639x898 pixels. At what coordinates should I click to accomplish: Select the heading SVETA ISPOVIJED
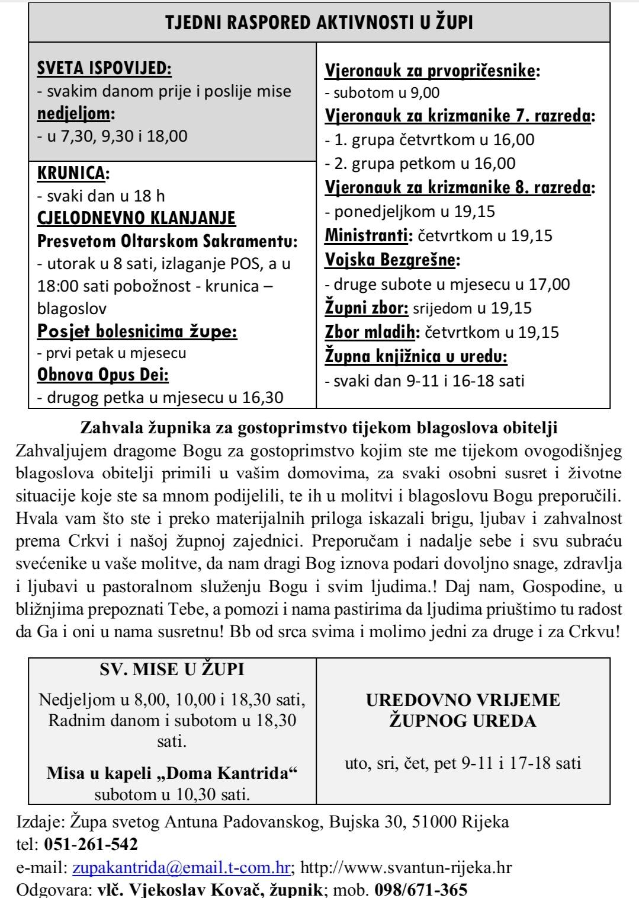(x=104, y=69)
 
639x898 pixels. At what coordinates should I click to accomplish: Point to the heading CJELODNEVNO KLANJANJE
(x=136, y=218)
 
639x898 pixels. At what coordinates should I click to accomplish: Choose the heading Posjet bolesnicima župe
(x=137, y=331)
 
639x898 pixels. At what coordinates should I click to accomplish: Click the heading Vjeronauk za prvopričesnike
(x=432, y=71)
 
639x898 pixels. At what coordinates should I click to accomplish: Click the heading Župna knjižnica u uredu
(x=416, y=356)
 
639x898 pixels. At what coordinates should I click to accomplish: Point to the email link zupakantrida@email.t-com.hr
(x=181, y=868)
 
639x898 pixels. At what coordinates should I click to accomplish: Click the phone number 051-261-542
(x=91, y=844)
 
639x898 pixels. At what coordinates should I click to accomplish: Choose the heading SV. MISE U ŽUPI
(x=172, y=670)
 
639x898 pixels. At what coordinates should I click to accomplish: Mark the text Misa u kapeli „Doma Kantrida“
(x=172, y=773)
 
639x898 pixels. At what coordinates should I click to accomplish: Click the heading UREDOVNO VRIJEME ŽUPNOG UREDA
(x=463, y=710)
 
